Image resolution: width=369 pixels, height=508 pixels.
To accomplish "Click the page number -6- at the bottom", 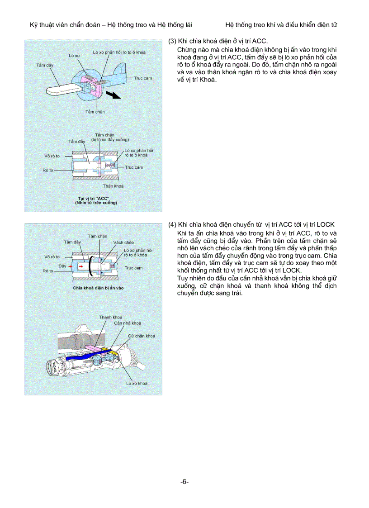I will coord(184,482).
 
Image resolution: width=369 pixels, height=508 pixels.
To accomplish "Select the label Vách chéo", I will coord(123,242).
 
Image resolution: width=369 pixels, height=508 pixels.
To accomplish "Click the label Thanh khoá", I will coord(111,317).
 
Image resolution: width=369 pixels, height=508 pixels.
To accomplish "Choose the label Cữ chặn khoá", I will coord(142,336).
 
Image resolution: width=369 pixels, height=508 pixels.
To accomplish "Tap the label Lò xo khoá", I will coord(137,383).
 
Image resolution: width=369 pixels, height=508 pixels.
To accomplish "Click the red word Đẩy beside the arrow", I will coord(62,266).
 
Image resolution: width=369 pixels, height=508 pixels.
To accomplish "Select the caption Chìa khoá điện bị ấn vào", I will coord(99,288).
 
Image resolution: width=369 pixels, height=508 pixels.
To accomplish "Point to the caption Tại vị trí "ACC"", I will coord(96,199).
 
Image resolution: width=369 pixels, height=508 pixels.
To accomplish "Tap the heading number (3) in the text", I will coord(172,41).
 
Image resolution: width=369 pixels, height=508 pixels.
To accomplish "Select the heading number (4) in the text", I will coord(172,225).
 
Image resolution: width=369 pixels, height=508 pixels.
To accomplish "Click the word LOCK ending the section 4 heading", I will coord(326,225).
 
